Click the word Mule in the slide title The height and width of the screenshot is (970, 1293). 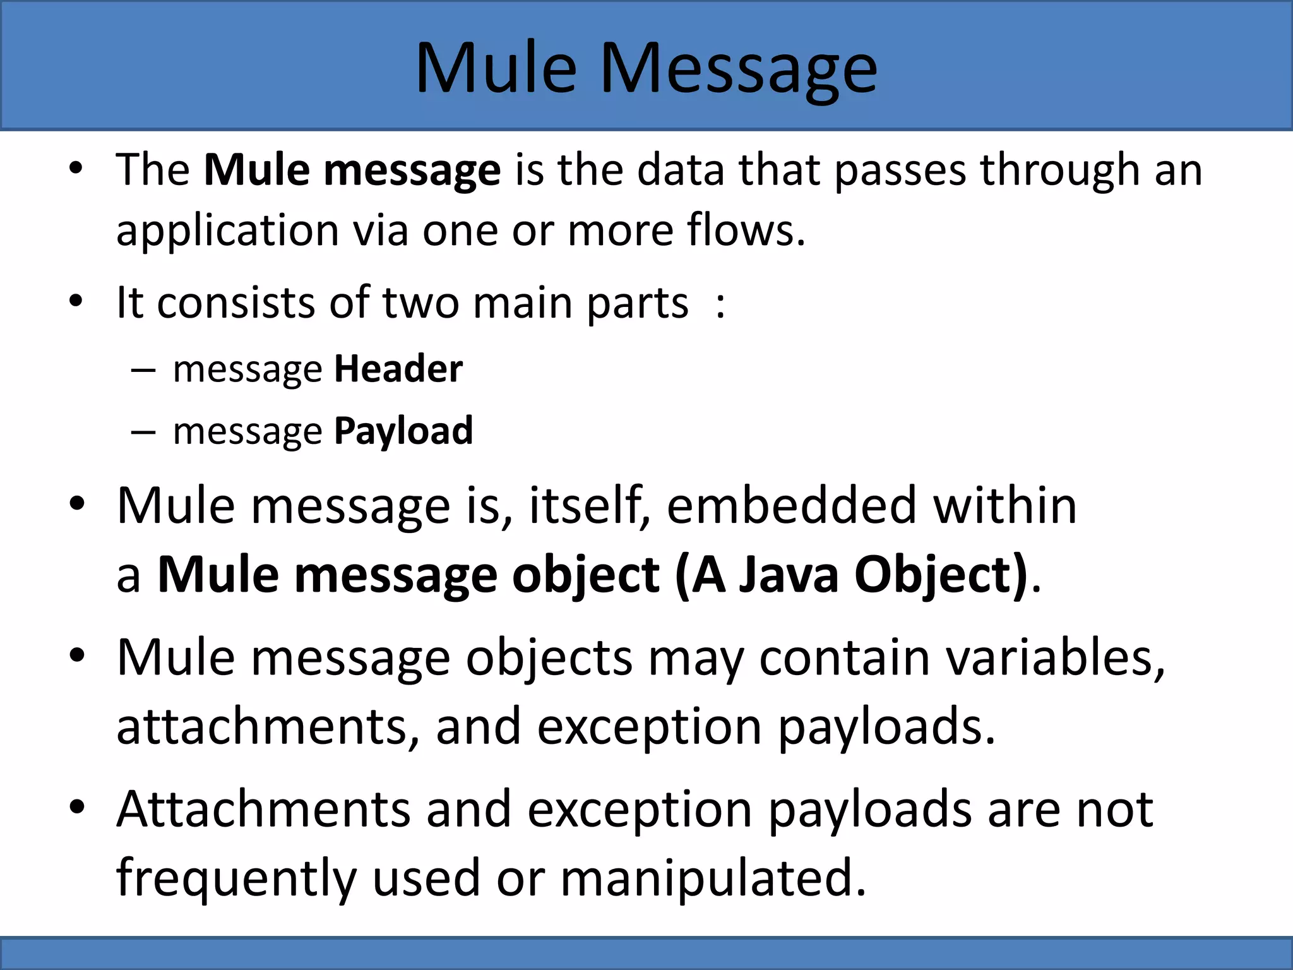(x=496, y=68)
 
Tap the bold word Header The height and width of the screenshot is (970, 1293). (x=398, y=369)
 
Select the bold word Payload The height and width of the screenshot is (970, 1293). (x=403, y=431)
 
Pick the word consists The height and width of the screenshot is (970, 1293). (x=235, y=302)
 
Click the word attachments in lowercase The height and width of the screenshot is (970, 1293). (x=261, y=726)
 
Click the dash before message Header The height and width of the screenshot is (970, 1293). (x=143, y=370)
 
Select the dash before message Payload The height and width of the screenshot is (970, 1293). (x=143, y=432)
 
